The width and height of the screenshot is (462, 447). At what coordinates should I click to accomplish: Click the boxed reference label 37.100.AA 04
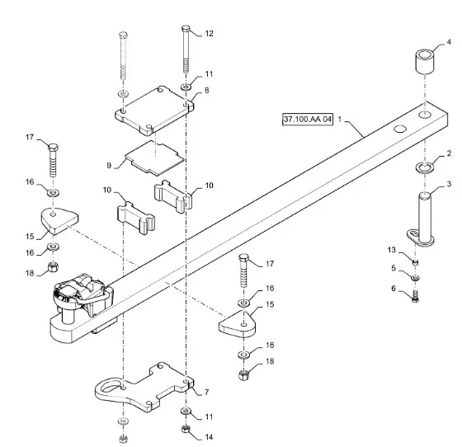pos(308,119)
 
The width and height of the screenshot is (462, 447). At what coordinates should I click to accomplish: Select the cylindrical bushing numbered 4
pos(425,62)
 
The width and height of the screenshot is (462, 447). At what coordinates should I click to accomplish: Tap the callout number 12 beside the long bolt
pos(209,33)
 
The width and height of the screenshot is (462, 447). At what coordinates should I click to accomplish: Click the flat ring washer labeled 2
pos(424,167)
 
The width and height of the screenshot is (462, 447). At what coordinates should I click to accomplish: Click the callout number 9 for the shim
pos(109,165)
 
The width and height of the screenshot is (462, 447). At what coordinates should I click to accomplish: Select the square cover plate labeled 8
pos(154,111)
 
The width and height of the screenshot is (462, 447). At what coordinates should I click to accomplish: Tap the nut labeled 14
pos(185,429)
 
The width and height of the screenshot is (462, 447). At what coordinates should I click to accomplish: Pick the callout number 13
pos(391,250)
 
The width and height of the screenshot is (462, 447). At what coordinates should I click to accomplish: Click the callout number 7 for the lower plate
pos(206,393)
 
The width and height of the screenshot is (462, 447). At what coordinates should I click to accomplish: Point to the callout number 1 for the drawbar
pos(339,119)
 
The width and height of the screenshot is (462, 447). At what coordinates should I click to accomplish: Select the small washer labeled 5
pos(416,278)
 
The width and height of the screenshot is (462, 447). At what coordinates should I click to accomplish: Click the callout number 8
pos(206,90)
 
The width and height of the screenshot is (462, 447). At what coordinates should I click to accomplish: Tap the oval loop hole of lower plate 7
pos(109,388)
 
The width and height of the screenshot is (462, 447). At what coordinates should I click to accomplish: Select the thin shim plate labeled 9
pos(155,158)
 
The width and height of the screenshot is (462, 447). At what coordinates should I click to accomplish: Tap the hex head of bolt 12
pos(186,29)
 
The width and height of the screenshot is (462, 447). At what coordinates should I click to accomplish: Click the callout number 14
pos(209,437)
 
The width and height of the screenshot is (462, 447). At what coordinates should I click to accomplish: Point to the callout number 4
pos(449,42)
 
